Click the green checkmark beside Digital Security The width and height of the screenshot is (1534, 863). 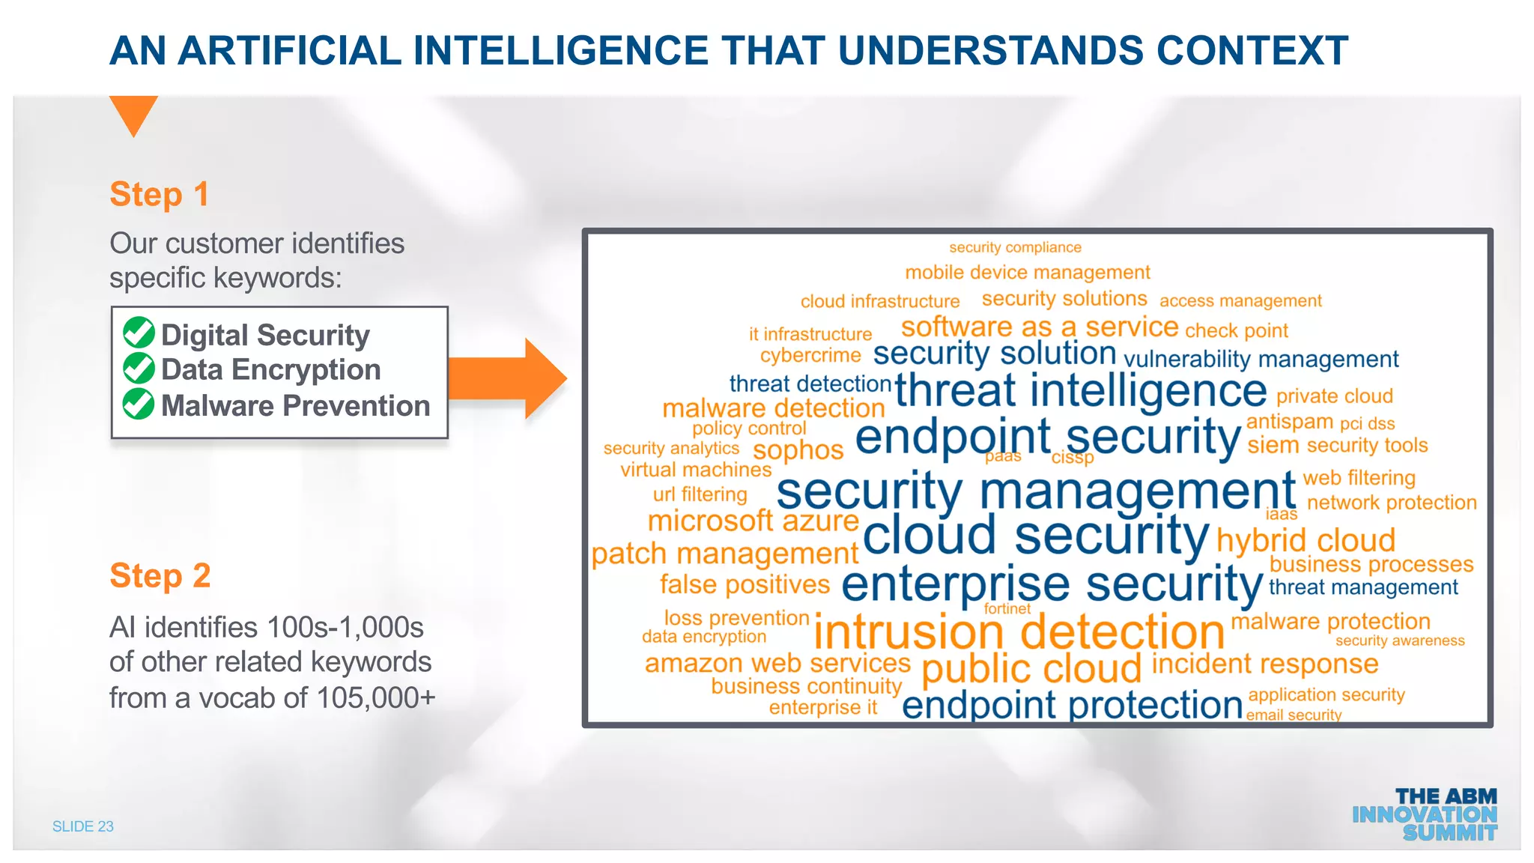pyautogui.click(x=139, y=333)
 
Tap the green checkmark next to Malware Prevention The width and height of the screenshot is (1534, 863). pyautogui.click(x=139, y=404)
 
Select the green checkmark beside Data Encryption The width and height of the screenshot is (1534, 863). pyautogui.click(x=139, y=369)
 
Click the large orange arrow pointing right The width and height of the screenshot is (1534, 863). pyautogui.click(x=509, y=378)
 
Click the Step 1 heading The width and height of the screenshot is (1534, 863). pyautogui.click(x=159, y=194)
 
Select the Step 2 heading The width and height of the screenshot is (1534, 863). pyautogui.click(x=160, y=576)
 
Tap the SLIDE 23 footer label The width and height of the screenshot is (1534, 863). pyautogui.click(x=82, y=826)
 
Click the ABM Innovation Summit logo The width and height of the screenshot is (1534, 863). pyautogui.click(x=1425, y=814)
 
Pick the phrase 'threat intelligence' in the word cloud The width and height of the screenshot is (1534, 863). pyautogui.click(x=1080, y=390)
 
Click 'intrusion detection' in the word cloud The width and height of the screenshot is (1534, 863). pyautogui.click(x=1019, y=632)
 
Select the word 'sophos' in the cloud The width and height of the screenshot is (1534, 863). pyautogui.click(x=798, y=450)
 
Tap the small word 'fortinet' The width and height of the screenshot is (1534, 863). pyautogui.click(x=1007, y=609)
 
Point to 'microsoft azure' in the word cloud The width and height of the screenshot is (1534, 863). pyautogui.click(x=753, y=521)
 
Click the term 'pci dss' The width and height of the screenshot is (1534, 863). pyautogui.click(x=1367, y=423)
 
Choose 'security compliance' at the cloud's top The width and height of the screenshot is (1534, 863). pyautogui.click(x=1015, y=247)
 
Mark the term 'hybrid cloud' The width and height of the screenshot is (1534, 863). pyautogui.click(x=1306, y=540)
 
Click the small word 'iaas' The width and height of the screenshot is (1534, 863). pyautogui.click(x=1281, y=514)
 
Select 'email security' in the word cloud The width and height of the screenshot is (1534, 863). pyautogui.click(x=1294, y=715)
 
